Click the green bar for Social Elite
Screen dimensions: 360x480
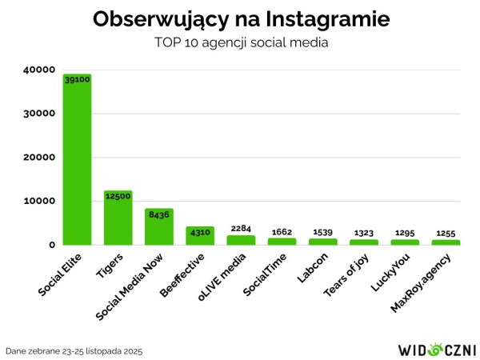point(77,160)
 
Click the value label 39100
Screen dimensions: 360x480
point(77,80)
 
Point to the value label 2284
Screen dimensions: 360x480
point(241,229)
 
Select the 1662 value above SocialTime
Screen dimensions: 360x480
point(282,232)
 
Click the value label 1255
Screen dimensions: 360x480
point(446,234)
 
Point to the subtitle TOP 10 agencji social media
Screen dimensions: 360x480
point(241,42)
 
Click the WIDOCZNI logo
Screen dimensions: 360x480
point(437,350)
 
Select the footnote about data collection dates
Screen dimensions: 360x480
point(74,350)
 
